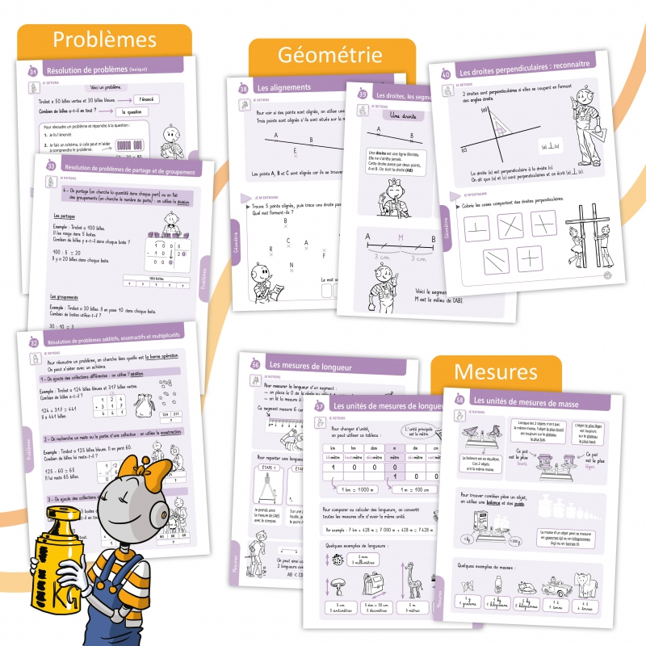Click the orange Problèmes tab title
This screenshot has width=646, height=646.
point(104,40)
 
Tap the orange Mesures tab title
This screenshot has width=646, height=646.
point(496,371)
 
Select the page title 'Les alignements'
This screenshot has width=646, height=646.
point(284,87)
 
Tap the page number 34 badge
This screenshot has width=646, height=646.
point(33,73)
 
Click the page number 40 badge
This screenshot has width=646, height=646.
point(445,76)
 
